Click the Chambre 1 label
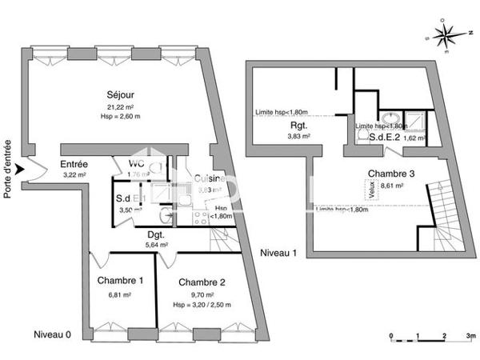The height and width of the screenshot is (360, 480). coord(120,280)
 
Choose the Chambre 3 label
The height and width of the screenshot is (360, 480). coord(391,174)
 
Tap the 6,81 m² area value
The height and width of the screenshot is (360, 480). coord(120,294)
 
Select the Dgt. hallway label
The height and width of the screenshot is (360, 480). coord(156,234)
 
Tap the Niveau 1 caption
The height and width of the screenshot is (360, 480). coord(278,254)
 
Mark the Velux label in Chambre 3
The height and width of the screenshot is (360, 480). coord(372,189)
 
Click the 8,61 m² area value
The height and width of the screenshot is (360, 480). coord(391,186)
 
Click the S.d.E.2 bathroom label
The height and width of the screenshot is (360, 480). coord(385,138)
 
